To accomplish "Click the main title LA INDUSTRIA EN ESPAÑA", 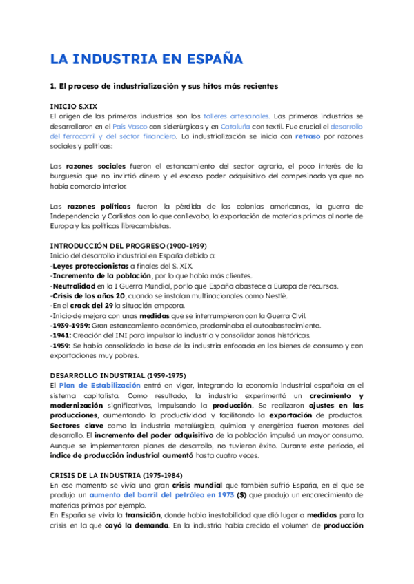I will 146,59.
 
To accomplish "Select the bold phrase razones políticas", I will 96,206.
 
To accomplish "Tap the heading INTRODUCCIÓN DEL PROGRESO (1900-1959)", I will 128,246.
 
